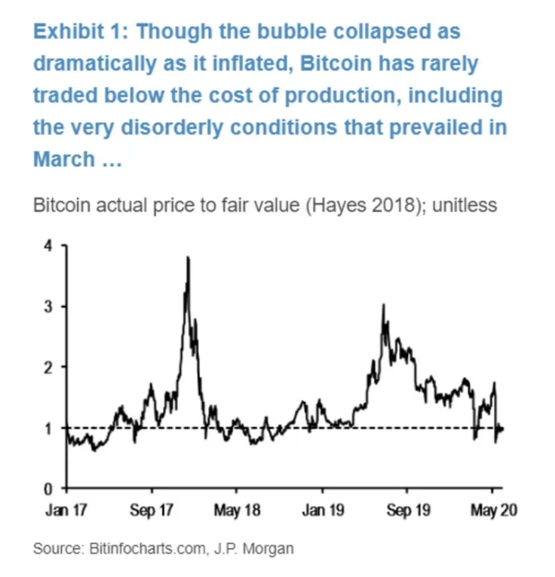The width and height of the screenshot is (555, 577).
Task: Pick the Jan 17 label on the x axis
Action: tap(67, 511)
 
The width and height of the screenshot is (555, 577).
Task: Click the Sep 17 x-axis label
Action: tap(152, 511)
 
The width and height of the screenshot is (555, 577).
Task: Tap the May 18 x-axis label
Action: tap(238, 511)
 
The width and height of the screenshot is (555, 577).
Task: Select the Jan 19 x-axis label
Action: tap(323, 511)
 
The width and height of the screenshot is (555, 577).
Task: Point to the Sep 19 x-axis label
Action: tap(409, 511)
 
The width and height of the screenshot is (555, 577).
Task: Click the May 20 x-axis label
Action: tap(493, 511)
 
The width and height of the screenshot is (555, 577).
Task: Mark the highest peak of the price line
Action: tap(187, 258)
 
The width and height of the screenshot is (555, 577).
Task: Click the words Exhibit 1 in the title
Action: tap(80, 32)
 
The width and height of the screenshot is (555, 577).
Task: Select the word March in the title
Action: tap(64, 159)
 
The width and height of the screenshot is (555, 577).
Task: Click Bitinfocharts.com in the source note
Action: tap(143, 548)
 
